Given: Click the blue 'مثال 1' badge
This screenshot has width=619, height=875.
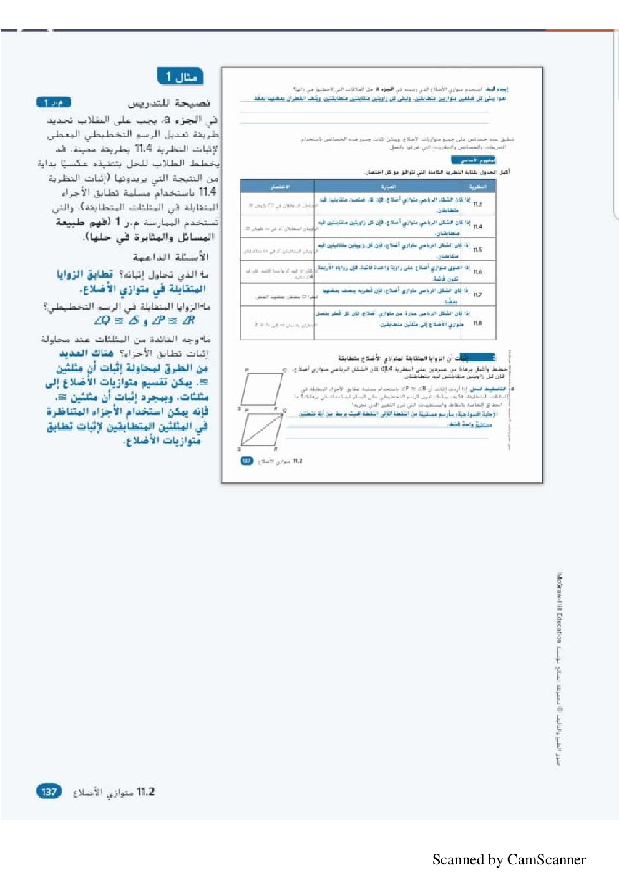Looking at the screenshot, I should coord(180,76).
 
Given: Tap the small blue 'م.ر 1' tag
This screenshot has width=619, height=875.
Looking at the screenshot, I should coord(54,102).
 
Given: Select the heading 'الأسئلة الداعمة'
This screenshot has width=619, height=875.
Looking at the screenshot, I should coord(170,257).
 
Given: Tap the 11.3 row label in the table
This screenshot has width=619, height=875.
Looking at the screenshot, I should coord(477,204).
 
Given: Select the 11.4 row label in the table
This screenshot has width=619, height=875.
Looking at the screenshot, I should coord(477,227).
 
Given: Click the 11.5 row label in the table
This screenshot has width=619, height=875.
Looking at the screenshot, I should coord(477,249).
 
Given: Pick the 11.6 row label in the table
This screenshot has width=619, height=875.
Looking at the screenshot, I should coord(477,272).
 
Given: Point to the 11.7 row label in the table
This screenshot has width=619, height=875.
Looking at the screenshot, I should coord(477,295).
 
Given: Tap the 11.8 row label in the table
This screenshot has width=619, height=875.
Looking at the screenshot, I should coord(477,323).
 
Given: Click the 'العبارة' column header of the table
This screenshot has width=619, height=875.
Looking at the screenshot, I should coord(387,187).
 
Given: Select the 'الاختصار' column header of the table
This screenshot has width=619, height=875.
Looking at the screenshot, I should coord(279,187).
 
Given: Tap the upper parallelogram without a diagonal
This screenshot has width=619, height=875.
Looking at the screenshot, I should coord(263,388).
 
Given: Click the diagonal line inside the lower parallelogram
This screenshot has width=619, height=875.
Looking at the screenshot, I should coord(262,429).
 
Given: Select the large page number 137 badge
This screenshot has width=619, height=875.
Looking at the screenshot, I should coord(49,791).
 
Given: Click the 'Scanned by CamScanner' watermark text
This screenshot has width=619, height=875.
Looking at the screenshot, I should coord(509,859).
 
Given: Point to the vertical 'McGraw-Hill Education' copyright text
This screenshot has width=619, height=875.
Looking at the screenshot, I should coord(559,608).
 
